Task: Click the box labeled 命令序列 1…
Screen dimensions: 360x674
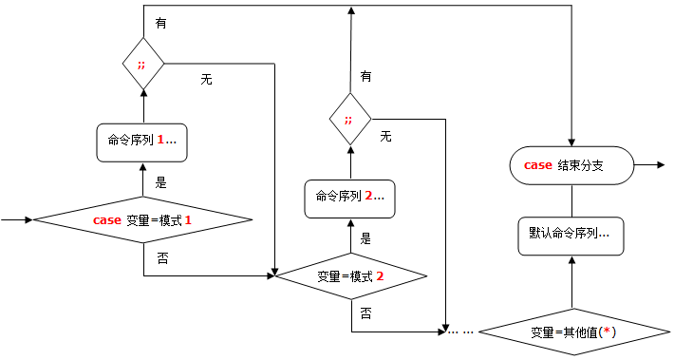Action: point(142,141)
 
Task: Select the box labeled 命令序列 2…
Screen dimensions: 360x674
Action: point(349,198)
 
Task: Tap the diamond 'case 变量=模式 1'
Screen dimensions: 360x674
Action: point(142,220)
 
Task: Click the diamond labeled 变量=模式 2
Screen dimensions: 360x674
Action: point(349,276)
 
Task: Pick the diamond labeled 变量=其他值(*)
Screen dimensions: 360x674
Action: point(572,332)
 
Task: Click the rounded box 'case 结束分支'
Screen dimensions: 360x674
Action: point(571,165)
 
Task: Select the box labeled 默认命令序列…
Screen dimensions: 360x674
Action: point(571,233)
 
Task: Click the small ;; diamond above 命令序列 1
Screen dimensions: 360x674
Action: point(142,65)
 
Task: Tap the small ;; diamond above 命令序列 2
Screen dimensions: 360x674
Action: point(349,120)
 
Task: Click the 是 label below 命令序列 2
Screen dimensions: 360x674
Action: point(365,238)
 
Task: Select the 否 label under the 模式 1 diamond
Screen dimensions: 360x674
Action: point(162,258)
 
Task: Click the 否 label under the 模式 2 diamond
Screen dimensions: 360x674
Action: point(366,312)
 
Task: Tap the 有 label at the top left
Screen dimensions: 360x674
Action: point(161,24)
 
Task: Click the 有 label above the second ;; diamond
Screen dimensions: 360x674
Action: point(366,75)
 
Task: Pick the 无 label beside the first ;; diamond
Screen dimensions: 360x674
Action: point(206,80)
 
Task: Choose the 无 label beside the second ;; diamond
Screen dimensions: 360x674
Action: point(385,137)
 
